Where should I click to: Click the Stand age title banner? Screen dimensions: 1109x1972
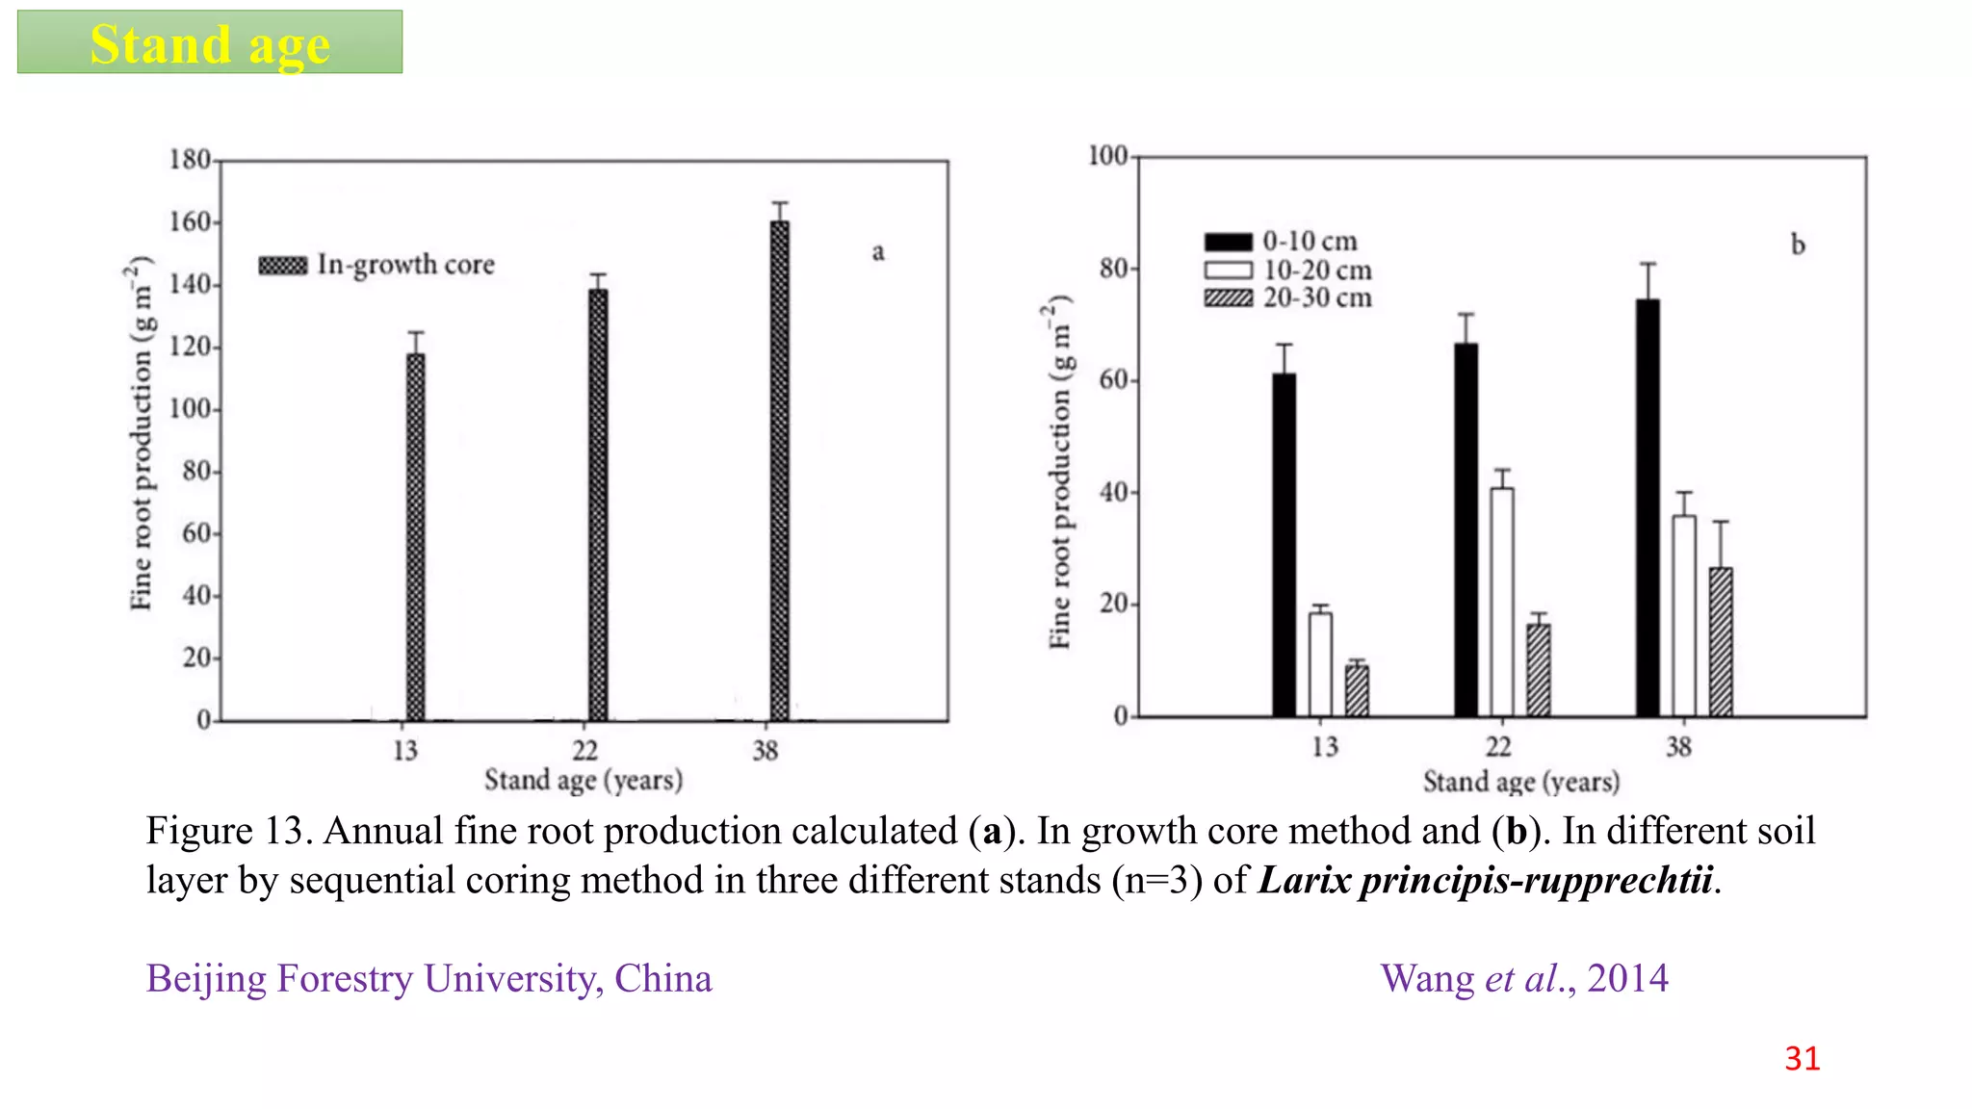(210, 42)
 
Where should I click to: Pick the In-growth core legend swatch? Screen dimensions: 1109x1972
(283, 265)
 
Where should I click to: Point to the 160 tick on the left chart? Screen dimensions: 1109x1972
(191, 222)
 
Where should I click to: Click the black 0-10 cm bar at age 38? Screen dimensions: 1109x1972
(1648, 507)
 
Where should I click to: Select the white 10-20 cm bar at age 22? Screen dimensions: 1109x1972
(1501, 601)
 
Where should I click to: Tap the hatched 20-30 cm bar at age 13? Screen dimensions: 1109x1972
(1357, 690)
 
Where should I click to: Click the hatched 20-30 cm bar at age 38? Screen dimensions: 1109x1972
(1720, 641)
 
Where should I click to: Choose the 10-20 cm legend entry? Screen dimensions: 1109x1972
(1288, 270)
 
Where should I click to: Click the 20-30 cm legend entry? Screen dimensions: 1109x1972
(1288, 297)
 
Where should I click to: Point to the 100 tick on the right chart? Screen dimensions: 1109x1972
(1107, 156)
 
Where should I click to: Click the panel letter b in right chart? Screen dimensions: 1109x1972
(1797, 245)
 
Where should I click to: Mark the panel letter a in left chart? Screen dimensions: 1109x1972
(877, 252)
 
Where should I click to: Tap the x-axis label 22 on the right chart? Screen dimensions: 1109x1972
(1498, 746)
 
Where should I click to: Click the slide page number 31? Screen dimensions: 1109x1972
(1802, 1058)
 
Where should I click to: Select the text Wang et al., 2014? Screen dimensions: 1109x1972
(1523, 978)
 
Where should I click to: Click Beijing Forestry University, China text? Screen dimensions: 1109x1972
(428, 978)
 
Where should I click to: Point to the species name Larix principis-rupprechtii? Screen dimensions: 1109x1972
(1486, 880)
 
